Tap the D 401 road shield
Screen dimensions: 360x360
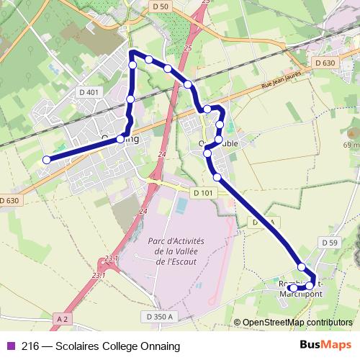coord(89,92)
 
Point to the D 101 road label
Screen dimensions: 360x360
coord(203,193)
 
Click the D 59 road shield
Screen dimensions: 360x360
coord(330,243)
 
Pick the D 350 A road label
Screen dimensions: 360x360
coord(160,316)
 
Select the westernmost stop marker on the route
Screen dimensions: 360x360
coord(47,160)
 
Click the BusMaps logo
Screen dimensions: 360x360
coord(326,346)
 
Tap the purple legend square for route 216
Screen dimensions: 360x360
coord(10,346)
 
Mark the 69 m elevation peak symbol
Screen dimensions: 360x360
coord(351,133)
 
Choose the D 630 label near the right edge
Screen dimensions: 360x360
coord(325,63)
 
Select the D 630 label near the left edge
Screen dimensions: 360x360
coord(9,200)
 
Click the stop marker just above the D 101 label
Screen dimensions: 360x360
coord(217,176)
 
